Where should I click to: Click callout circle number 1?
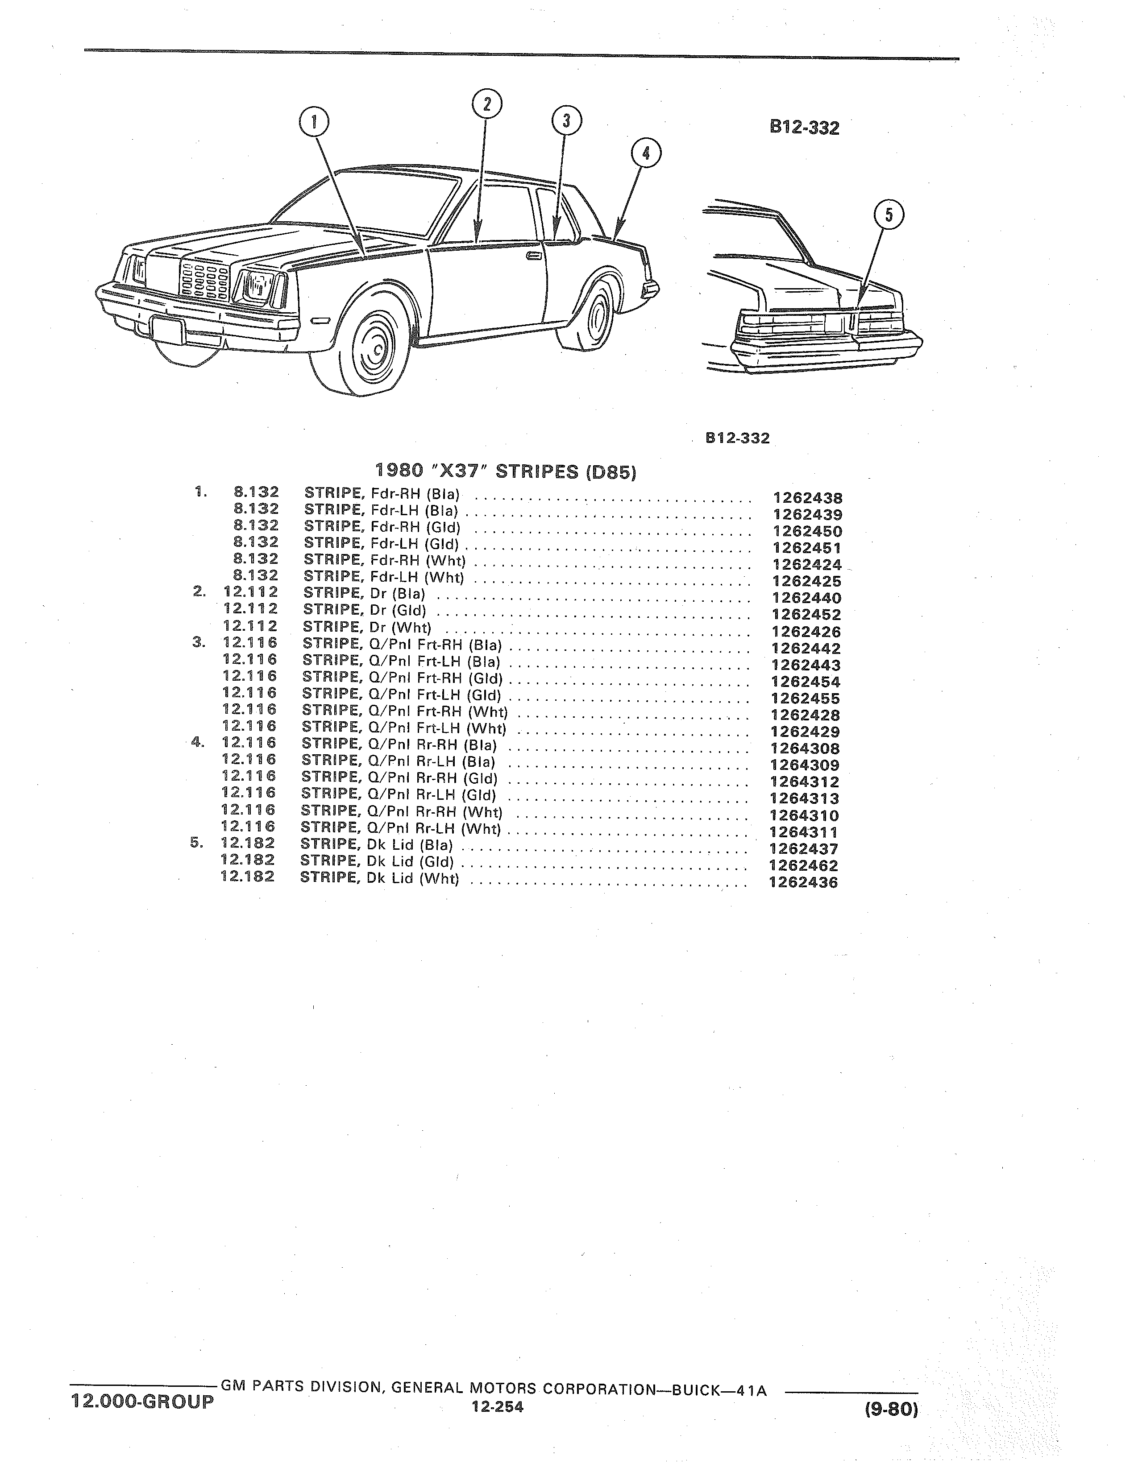[314, 124]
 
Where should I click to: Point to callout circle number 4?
[646, 153]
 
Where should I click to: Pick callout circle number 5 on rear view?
[889, 215]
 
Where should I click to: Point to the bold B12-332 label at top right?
[805, 128]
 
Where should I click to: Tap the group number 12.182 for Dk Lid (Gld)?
[247, 860]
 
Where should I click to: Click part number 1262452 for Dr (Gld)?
[806, 615]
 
